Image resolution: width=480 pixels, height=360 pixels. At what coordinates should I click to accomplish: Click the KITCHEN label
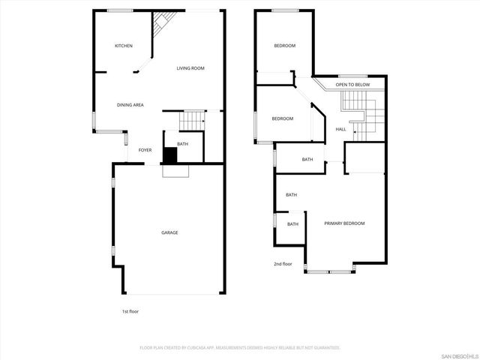(124, 46)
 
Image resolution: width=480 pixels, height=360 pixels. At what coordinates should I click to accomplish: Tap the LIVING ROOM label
(190, 68)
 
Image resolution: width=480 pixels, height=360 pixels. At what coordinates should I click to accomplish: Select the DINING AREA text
(130, 105)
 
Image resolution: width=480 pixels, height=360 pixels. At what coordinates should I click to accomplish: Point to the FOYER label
(145, 150)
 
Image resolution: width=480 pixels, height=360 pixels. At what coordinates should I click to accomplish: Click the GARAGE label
(169, 232)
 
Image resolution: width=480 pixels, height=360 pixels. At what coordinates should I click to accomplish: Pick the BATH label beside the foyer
(182, 144)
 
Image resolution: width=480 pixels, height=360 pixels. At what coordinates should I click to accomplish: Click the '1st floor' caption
(130, 311)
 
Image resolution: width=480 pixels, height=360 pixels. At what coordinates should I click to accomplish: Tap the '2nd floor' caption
(282, 263)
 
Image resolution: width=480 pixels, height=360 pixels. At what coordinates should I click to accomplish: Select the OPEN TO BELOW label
(352, 85)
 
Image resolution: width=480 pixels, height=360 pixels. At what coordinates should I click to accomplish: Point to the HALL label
(340, 130)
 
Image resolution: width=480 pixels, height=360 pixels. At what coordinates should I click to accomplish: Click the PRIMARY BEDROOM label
(344, 223)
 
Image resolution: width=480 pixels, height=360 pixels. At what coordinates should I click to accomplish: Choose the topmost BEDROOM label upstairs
(284, 46)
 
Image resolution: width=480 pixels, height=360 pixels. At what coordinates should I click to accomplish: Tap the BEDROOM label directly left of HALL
(282, 118)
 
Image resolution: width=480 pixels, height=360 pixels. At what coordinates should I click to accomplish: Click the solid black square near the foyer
(170, 155)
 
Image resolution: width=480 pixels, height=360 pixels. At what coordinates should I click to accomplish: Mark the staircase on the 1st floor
(193, 119)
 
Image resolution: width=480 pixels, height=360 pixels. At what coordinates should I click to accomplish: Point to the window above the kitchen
(120, 10)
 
